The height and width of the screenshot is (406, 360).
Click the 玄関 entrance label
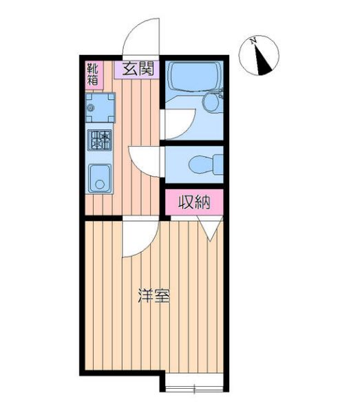point(138,69)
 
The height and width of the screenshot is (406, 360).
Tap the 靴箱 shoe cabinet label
point(93,74)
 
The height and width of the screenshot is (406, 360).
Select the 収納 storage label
point(194,202)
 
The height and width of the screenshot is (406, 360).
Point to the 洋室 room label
point(153,297)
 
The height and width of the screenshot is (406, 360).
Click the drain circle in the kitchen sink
point(100,185)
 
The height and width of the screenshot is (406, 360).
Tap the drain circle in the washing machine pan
point(93,107)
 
